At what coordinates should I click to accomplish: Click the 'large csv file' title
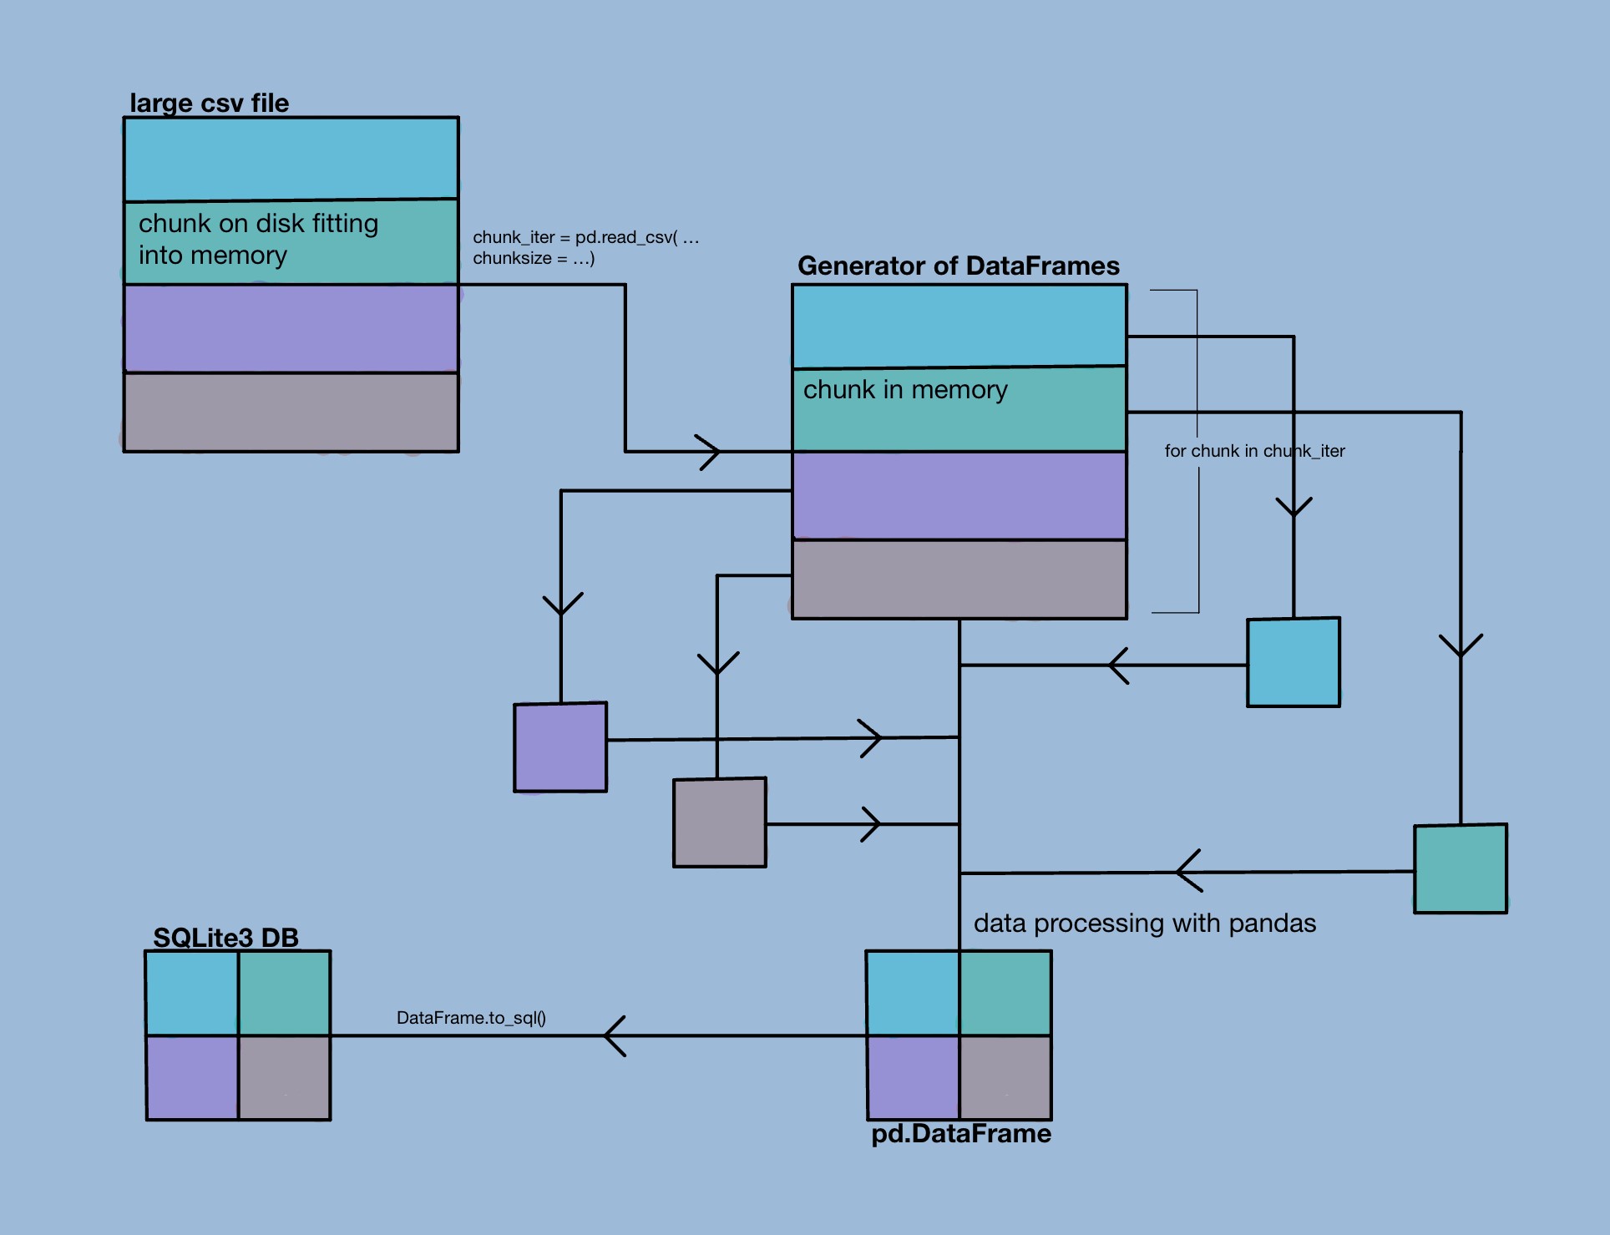tap(209, 103)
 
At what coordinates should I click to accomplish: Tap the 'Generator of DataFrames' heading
tap(958, 266)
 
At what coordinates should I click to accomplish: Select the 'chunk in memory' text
tap(905, 390)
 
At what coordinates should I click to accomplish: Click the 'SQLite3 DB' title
tap(225, 938)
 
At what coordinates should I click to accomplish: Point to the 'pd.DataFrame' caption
tap(960, 1133)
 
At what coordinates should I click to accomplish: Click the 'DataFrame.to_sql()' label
tap(471, 1018)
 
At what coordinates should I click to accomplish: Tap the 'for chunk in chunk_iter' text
tap(1254, 451)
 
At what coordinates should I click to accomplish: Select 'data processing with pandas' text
tap(1144, 923)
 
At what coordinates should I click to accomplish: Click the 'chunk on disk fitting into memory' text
tap(258, 239)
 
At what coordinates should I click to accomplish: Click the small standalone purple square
tap(560, 747)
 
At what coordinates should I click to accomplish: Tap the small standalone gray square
tap(720, 822)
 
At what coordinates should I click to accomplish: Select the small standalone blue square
tap(1294, 662)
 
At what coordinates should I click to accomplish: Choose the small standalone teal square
tap(1461, 868)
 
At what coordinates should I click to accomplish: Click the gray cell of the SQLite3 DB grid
tap(285, 1077)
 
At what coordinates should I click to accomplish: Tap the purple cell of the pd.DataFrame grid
tap(913, 1077)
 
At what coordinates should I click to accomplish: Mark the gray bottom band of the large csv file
tap(291, 412)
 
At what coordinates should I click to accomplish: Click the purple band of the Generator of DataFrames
tap(959, 495)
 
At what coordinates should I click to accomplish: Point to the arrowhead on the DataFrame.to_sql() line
tap(615, 1035)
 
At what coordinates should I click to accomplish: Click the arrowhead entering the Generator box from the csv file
tap(708, 452)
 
